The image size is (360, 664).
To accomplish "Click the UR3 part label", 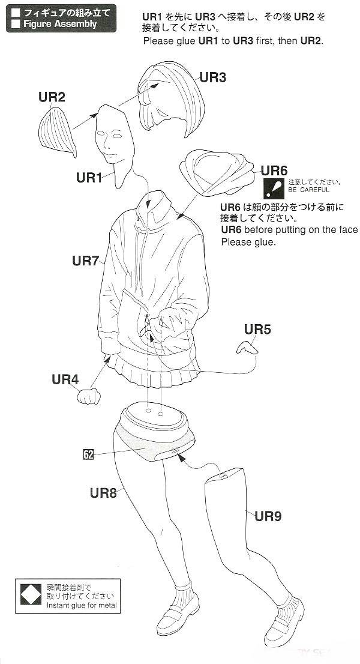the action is (213, 77).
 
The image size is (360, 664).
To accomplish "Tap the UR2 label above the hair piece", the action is (52, 97).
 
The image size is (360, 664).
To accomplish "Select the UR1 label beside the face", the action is (89, 178).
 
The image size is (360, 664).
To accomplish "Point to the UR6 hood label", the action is (274, 171).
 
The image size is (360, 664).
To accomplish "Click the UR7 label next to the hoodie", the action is (85, 261).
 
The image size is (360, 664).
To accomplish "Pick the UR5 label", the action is (257, 329).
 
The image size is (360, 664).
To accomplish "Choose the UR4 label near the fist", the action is (65, 379).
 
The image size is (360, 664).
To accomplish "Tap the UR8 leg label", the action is (103, 493).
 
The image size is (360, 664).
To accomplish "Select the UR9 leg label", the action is (268, 516).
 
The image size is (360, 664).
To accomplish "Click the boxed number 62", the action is (88, 455).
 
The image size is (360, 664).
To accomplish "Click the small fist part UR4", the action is (89, 396).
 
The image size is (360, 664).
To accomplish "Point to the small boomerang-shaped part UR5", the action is (247, 348).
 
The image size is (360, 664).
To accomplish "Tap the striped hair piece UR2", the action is (56, 131).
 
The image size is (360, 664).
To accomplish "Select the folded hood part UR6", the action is (217, 172).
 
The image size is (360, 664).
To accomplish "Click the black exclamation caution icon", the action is (274, 189).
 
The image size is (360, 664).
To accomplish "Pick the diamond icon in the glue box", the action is (31, 594).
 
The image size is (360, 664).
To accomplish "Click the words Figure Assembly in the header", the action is (60, 24).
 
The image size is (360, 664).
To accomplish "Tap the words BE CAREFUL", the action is (308, 190).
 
